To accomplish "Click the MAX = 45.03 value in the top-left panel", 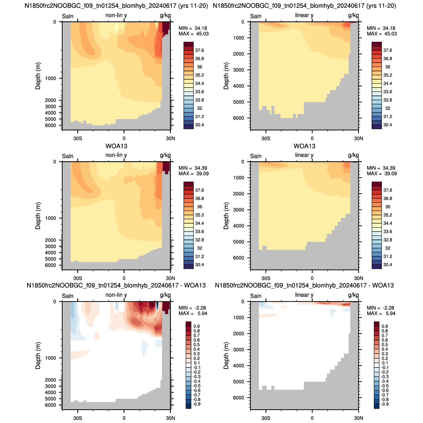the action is click(x=193, y=34).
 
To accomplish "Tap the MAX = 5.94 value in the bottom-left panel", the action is click(x=193, y=314).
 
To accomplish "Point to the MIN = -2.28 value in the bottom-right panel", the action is click(x=381, y=308).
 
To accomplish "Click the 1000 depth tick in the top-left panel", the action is click(x=50, y=78).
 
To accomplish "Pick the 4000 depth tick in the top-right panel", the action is click(x=239, y=86).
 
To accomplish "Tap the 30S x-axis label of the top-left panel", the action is click(x=78, y=139).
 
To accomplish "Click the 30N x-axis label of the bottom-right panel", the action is click(x=358, y=418).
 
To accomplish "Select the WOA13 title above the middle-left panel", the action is click(x=116, y=146).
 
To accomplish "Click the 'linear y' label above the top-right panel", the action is click(x=304, y=15).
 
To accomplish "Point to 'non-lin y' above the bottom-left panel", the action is click(x=116, y=295).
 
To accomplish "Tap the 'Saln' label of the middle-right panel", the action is click(x=256, y=156).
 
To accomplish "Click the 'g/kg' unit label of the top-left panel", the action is click(x=165, y=15).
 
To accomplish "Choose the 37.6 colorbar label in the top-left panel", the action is click(x=199, y=50).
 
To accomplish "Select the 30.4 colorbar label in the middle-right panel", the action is click(x=388, y=265).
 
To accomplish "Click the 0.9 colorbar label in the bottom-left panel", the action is click(x=196, y=326).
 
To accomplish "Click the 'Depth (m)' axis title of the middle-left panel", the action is click(x=38, y=216).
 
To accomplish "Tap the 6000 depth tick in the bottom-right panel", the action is click(x=239, y=398).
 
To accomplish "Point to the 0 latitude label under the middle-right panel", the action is click(x=312, y=278).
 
